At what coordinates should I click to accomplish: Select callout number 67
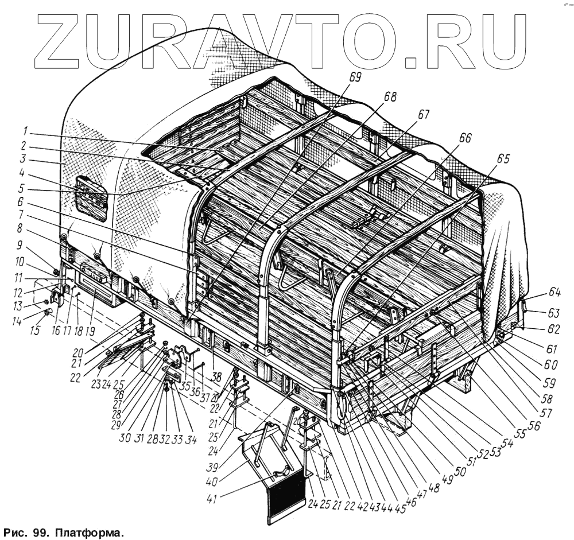coord(423,114)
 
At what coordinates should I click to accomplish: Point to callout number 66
coord(464,138)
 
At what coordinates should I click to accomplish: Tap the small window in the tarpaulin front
coord(92,197)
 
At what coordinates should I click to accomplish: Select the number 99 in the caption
coord(44,533)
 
